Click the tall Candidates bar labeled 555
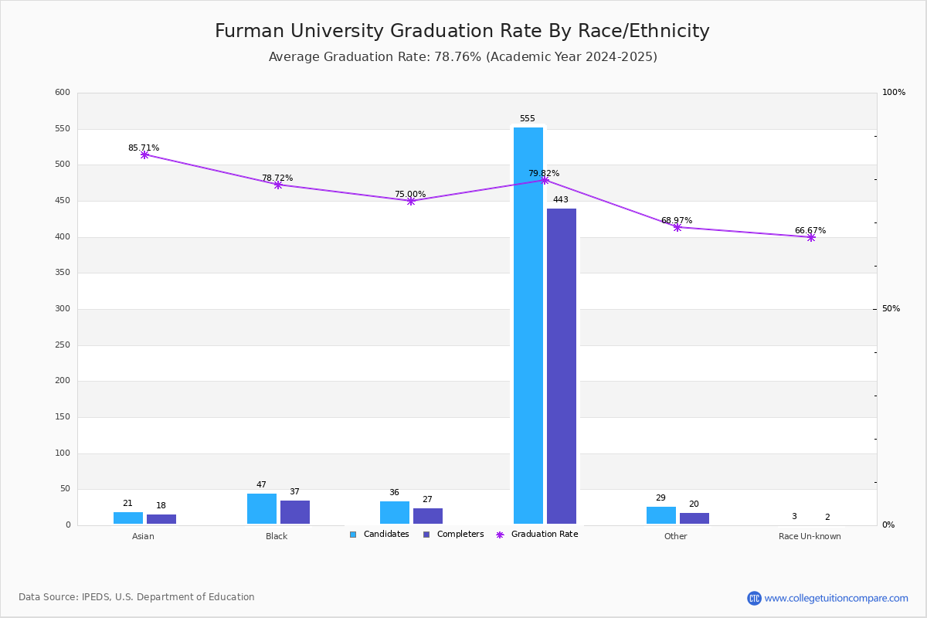tap(528, 325)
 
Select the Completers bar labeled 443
tap(562, 366)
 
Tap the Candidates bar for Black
tap(262, 508)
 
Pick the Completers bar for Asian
tap(161, 519)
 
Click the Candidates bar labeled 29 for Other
tap(661, 515)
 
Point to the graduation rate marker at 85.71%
tap(144, 155)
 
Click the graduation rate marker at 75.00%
tap(411, 201)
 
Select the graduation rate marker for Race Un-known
tap(811, 237)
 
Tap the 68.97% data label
tap(677, 221)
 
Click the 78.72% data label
tap(277, 178)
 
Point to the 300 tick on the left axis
tap(63, 309)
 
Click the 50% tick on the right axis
tap(891, 309)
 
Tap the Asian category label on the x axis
tap(143, 536)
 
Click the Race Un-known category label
tap(810, 536)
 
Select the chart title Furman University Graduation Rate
tap(462, 32)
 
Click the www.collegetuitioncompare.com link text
tap(836, 598)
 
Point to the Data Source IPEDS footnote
tap(137, 597)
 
